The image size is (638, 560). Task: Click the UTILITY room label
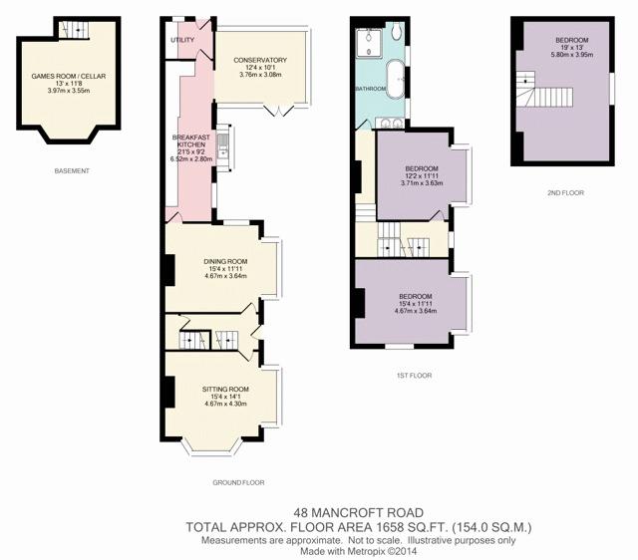click(x=181, y=40)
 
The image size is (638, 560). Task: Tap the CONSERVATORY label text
click(x=260, y=60)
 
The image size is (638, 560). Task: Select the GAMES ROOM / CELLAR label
click(x=69, y=76)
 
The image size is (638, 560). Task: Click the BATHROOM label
click(x=371, y=89)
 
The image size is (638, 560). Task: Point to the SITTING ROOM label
click(x=225, y=390)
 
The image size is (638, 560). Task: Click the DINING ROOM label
click(x=225, y=261)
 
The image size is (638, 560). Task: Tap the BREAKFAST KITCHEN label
click(x=190, y=140)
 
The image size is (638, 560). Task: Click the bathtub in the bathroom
click(x=395, y=79)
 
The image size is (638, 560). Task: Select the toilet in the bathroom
click(x=397, y=31)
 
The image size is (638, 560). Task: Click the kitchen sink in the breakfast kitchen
click(x=222, y=145)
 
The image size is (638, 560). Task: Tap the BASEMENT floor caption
click(x=72, y=171)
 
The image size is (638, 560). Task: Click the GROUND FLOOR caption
click(x=238, y=482)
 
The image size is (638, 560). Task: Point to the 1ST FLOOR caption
click(x=414, y=376)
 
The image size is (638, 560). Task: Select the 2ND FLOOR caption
click(x=565, y=192)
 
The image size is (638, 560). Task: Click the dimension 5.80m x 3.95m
click(x=571, y=55)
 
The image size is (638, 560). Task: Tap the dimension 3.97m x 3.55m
click(x=69, y=91)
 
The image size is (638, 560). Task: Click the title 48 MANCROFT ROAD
click(x=359, y=513)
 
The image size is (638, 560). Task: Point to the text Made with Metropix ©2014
click(x=359, y=551)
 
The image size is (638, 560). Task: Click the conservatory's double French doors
click(x=279, y=110)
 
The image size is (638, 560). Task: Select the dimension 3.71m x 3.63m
click(x=422, y=183)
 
